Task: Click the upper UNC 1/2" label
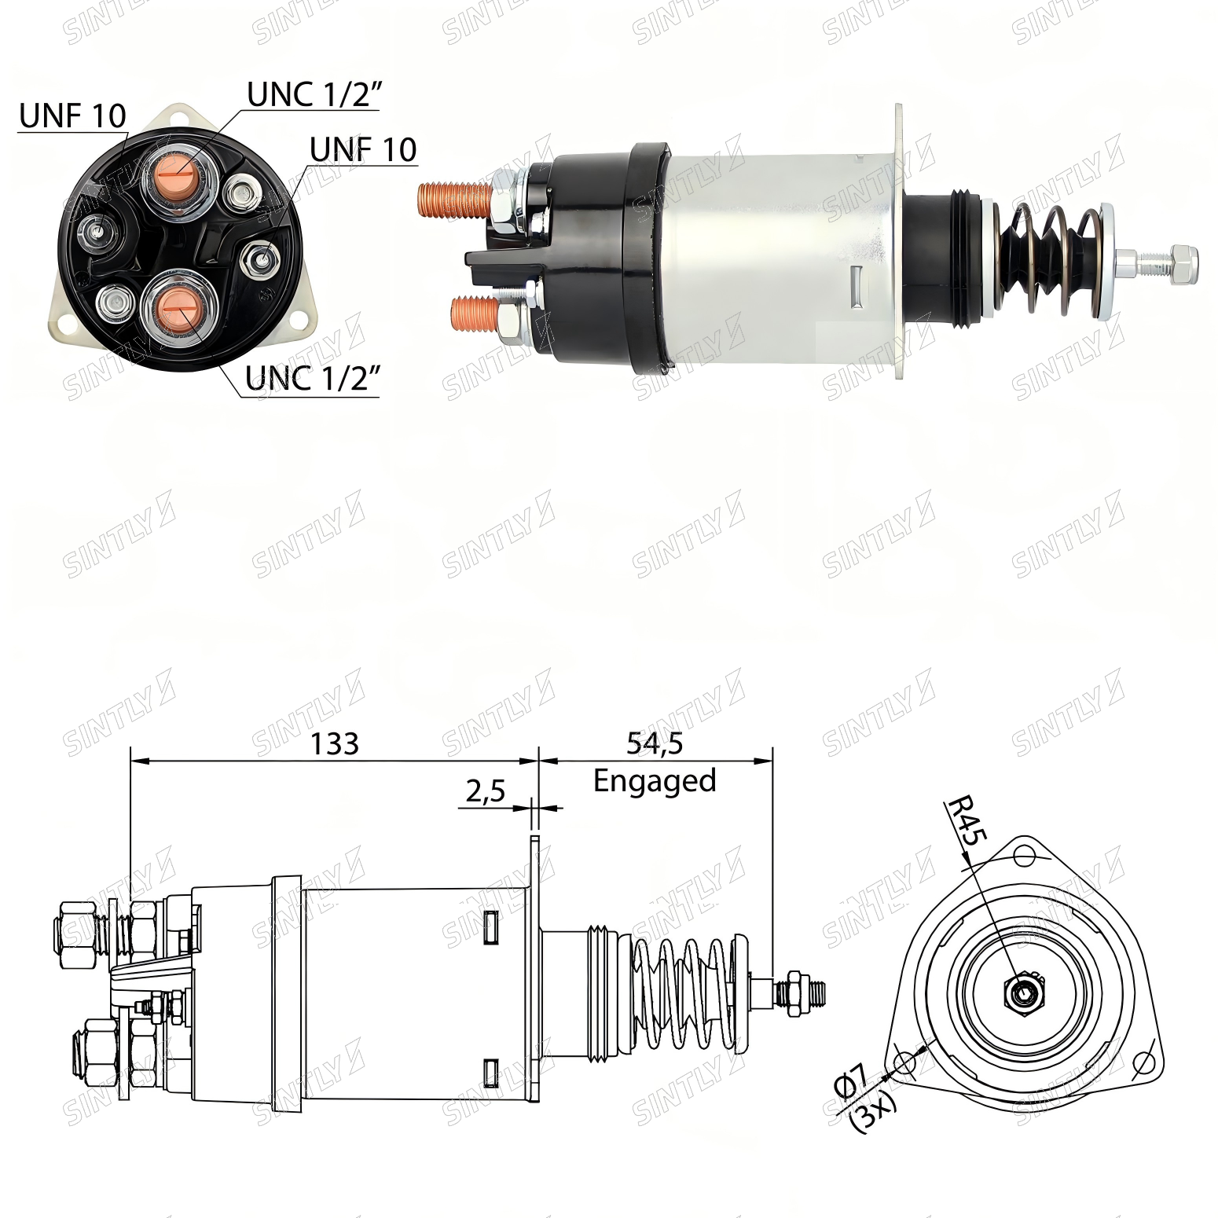click(x=314, y=95)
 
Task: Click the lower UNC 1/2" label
click(x=314, y=378)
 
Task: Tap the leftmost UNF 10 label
click(x=72, y=116)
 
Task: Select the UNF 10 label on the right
click(x=363, y=149)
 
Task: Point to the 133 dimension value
click(x=335, y=743)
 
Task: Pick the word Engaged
click(x=655, y=781)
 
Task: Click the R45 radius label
click(x=967, y=821)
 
